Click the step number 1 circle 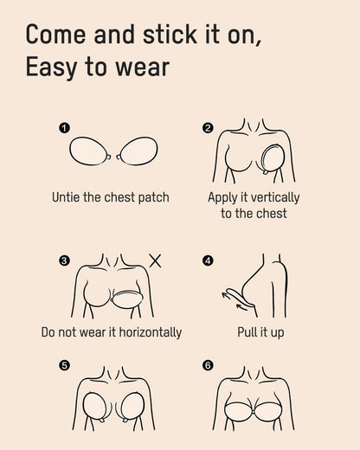[x=63, y=128]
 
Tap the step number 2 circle [x=208, y=128]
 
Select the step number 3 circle [x=64, y=259]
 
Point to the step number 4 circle [x=208, y=259]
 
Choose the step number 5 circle [x=64, y=365]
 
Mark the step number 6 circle [x=208, y=365]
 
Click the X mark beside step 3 [x=155, y=260]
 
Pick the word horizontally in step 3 [x=146, y=331]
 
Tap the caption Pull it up [x=260, y=331]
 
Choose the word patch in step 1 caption [x=152, y=197]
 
